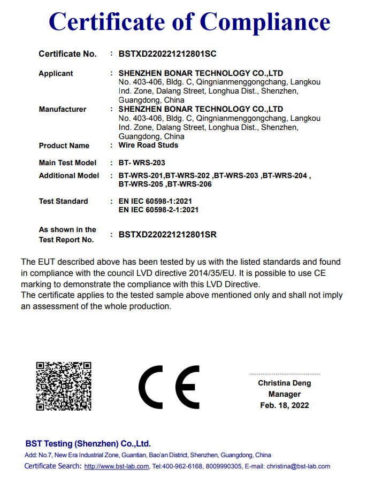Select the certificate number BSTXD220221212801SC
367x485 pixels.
coord(167,54)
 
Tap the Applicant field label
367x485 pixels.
coord(56,73)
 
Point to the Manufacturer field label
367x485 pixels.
coord(62,109)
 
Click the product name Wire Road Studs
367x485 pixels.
coord(148,145)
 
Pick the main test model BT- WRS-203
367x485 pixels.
coord(146,163)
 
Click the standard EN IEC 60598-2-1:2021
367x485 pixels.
coord(158,210)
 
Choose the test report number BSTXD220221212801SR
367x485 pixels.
coord(167,234)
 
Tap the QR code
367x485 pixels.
coord(63,386)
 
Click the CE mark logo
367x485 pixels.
coord(169,387)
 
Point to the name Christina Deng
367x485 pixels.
coord(284,383)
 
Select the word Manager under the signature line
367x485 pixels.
coord(284,394)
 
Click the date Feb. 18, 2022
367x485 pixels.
coord(284,405)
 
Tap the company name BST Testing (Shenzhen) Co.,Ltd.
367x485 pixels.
coord(88,444)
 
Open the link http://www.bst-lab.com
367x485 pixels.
coord(117,466)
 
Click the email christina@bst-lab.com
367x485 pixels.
coord(299,466)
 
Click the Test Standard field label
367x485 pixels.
coord(63,201)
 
